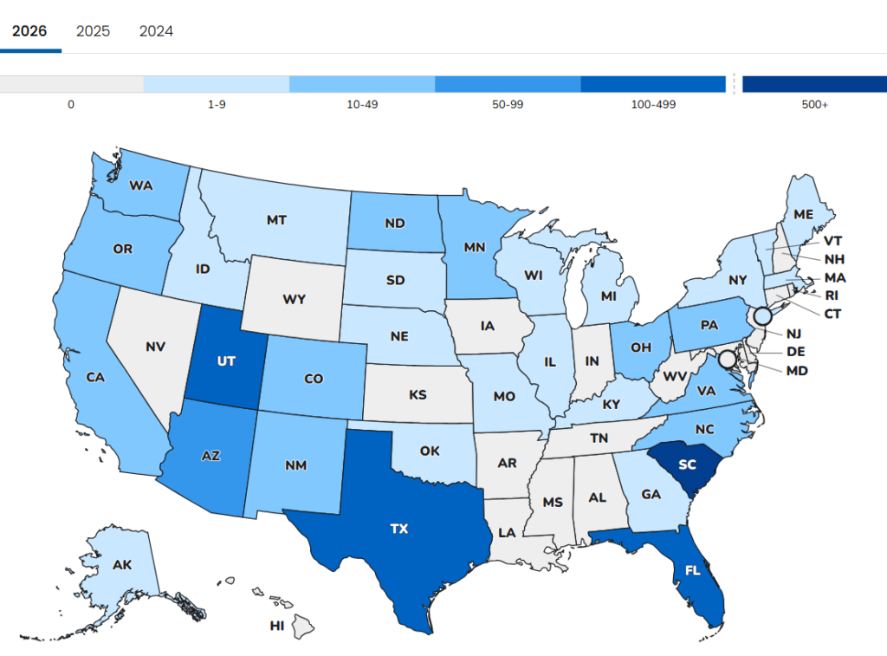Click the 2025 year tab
pyautogui.click(x=93, y=31)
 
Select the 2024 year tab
pyautogui.click(x=156, y=31)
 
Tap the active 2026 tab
pyautogui.click(x=29, y=31)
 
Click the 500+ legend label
pyautogui.click(x=814, y=105)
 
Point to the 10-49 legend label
pyautogui.click(x=361, y=105)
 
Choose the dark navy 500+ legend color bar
pyautogui.click(x=814, y=84)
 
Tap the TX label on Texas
pyautogui.click(x=398, y=528)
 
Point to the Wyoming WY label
pyautogui.click(x=294, y=300)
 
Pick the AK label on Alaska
pyautogui.click(x=122, y=565)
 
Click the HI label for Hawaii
pyautogui.click(x=277, y=625)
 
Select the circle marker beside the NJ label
pyautogui.click(x=763, y=316)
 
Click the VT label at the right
pyautogui.click(x=833, y=241)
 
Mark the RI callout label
pyautogui.click(x=832, y=296)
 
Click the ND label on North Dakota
pyautogui.click(x=395, y=223)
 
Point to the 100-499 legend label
pyautogui.click(x=653, y=105)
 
